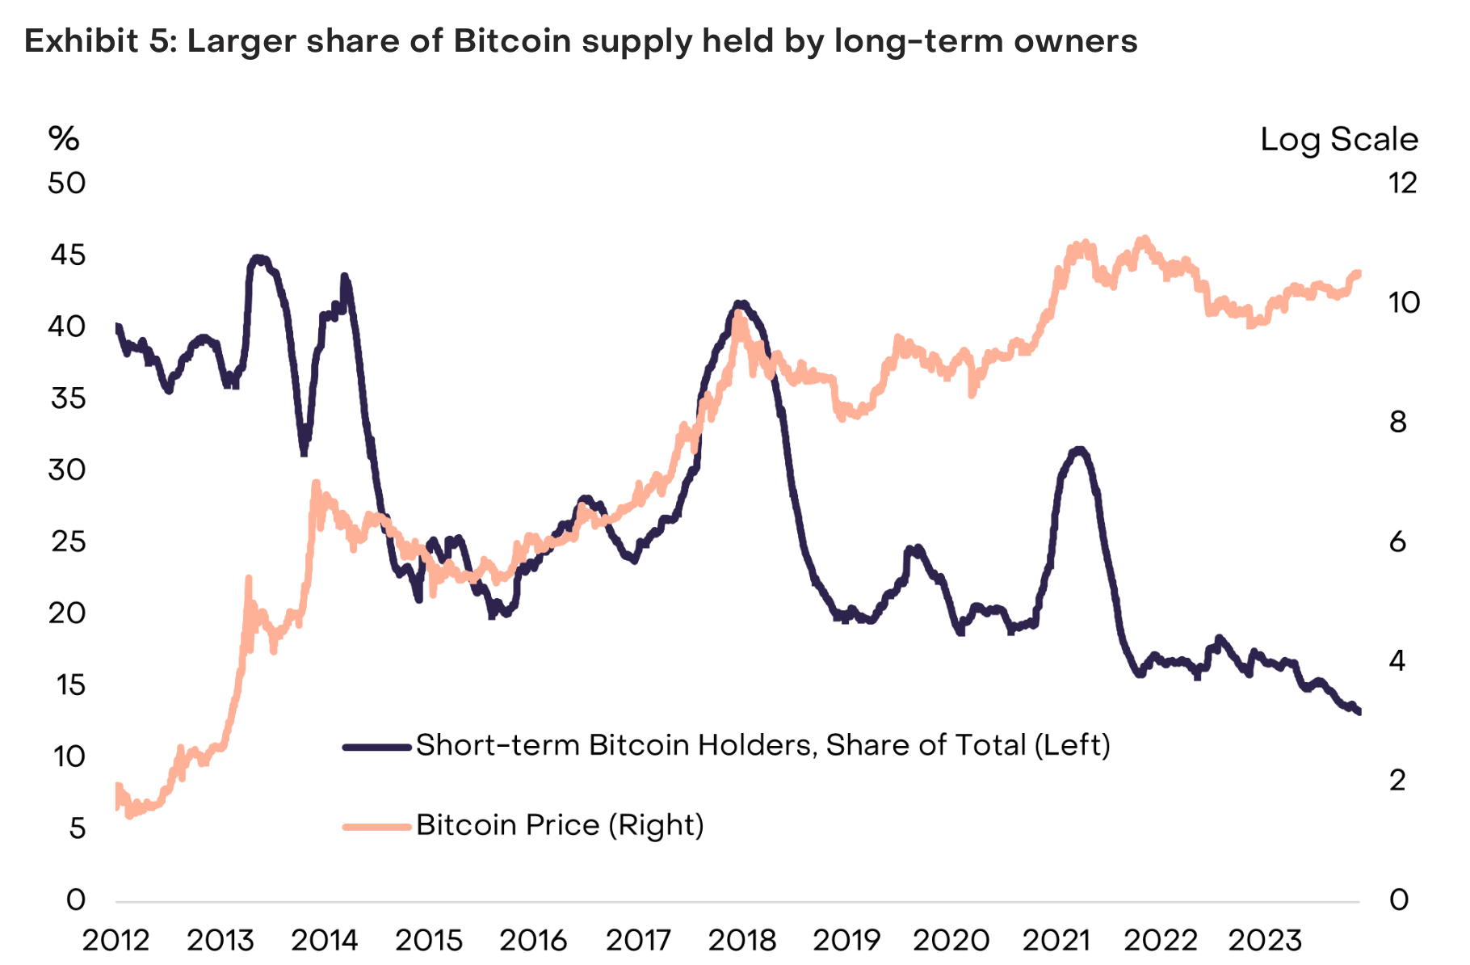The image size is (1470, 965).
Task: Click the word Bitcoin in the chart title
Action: pyautogui.click(x=513, y=40)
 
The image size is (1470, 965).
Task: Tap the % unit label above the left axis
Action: pyautogui.click(x=64, y=139)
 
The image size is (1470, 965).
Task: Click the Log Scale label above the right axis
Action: pyautogui.click(x=1338, y=139)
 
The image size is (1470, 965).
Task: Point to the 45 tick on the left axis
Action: pyautogui.click(x=67, y=255)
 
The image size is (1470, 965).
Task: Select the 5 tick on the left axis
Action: pyautogui.click(x=77, y=828)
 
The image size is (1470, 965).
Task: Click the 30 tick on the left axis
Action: pyautogui.click(x=67, y=470)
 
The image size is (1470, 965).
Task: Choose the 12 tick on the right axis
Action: pyautogui.click(x=1403, y=183)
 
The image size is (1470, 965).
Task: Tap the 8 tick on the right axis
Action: pyautogui.click(x=1398, y=422)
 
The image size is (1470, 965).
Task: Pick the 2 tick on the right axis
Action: pyautogui.click(x=1398, y=781)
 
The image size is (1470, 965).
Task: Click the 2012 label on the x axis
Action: pyautogui.click(x=116, y=940)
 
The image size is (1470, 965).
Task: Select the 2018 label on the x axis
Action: pyautogui.click(x=741, y=940)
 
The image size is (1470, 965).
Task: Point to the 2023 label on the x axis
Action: pyautogui.click(x=1264, y=940)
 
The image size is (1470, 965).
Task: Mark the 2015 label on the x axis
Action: pyautogui.click(x=429, y=940)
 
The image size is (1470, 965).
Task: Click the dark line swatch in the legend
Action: pyautogui.click(x=377, y=747)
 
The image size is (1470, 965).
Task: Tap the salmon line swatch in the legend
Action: pyautogui.click(x=377, y=826)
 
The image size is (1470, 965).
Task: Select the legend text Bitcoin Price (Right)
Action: pyautogui.click(x=560, y=825)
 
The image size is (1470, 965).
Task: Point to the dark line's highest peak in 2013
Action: pyautogui.click(x=258, y=259)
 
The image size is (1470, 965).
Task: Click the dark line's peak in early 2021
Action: pyautogui.click(x=1078, y=450)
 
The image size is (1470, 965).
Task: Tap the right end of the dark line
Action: pyautogui.click(x=1359, y=711)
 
